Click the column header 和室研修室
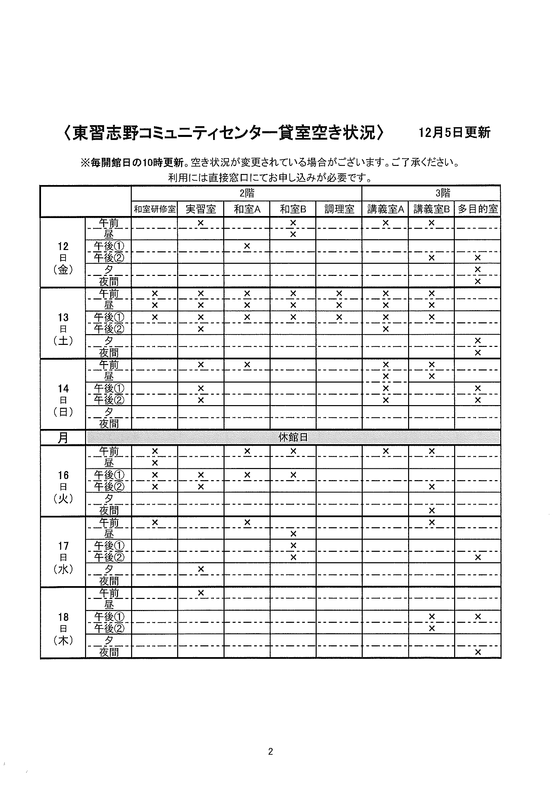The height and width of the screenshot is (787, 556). click(x=154, y=209)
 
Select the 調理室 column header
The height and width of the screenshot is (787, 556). click(x=339, y=209)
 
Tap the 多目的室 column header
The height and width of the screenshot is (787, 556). click(x=478, y=209)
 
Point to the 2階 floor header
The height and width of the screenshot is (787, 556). click(x=246, y=193)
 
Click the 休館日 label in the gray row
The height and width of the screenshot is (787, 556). click(x=293, y=437)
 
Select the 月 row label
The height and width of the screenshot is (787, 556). click(x=63, y=438)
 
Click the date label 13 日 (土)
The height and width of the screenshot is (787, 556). click(x=63, y=329)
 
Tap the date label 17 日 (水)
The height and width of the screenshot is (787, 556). click(x=63, y=557)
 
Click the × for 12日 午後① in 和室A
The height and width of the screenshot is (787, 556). click(x=247, y=246)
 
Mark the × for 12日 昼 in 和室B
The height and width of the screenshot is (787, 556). click(x=293, y=234)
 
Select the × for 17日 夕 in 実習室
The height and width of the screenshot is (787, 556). click(x=201, y=569)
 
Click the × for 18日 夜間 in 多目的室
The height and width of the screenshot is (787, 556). click(x=478, y=652)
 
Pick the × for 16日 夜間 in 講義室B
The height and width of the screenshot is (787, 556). click(x=432, y=510)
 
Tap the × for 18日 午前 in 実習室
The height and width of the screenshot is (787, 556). click(x=201, y=593)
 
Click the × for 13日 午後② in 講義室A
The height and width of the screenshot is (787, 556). click(x=386, y=329)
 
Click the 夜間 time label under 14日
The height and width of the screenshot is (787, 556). click(x=109, y=424)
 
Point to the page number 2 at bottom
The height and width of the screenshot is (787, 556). click(x=271, y=752)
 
